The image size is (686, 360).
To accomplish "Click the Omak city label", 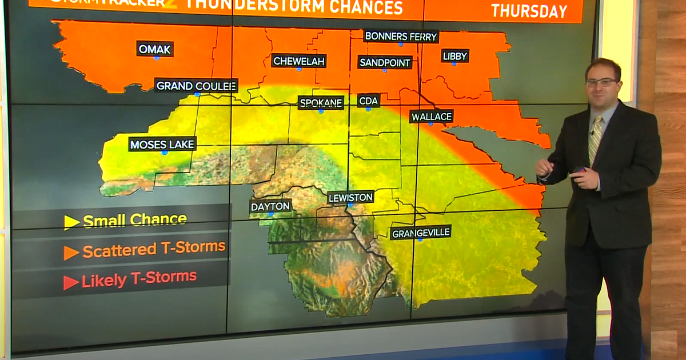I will pos(155,49).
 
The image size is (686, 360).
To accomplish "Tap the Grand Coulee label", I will pos(196,86).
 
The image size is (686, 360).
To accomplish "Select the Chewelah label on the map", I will pos(298,61).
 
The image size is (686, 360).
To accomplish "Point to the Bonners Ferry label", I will pos(401,37).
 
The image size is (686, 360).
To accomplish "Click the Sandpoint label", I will pos(385,62).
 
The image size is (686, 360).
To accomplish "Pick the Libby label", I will pos(455,56).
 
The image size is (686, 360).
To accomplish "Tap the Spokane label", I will pos(321,103).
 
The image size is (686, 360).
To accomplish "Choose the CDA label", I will pos(369,101).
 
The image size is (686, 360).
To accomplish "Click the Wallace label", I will pos(432,117).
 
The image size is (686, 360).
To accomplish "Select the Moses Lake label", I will pos(162,144).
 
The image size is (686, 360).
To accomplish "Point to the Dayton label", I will pos(270,206).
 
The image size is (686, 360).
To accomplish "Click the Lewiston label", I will pos(351,198).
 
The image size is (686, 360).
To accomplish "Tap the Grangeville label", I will pos(421,233).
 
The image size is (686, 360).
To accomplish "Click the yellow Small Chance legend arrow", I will pos(72,222).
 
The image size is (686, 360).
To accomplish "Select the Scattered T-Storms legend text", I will pos(154,249).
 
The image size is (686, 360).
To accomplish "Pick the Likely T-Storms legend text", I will pos(139,279).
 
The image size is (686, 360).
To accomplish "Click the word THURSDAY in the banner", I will pos(529,11).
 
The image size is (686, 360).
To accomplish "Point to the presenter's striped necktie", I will pos(595,138).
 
